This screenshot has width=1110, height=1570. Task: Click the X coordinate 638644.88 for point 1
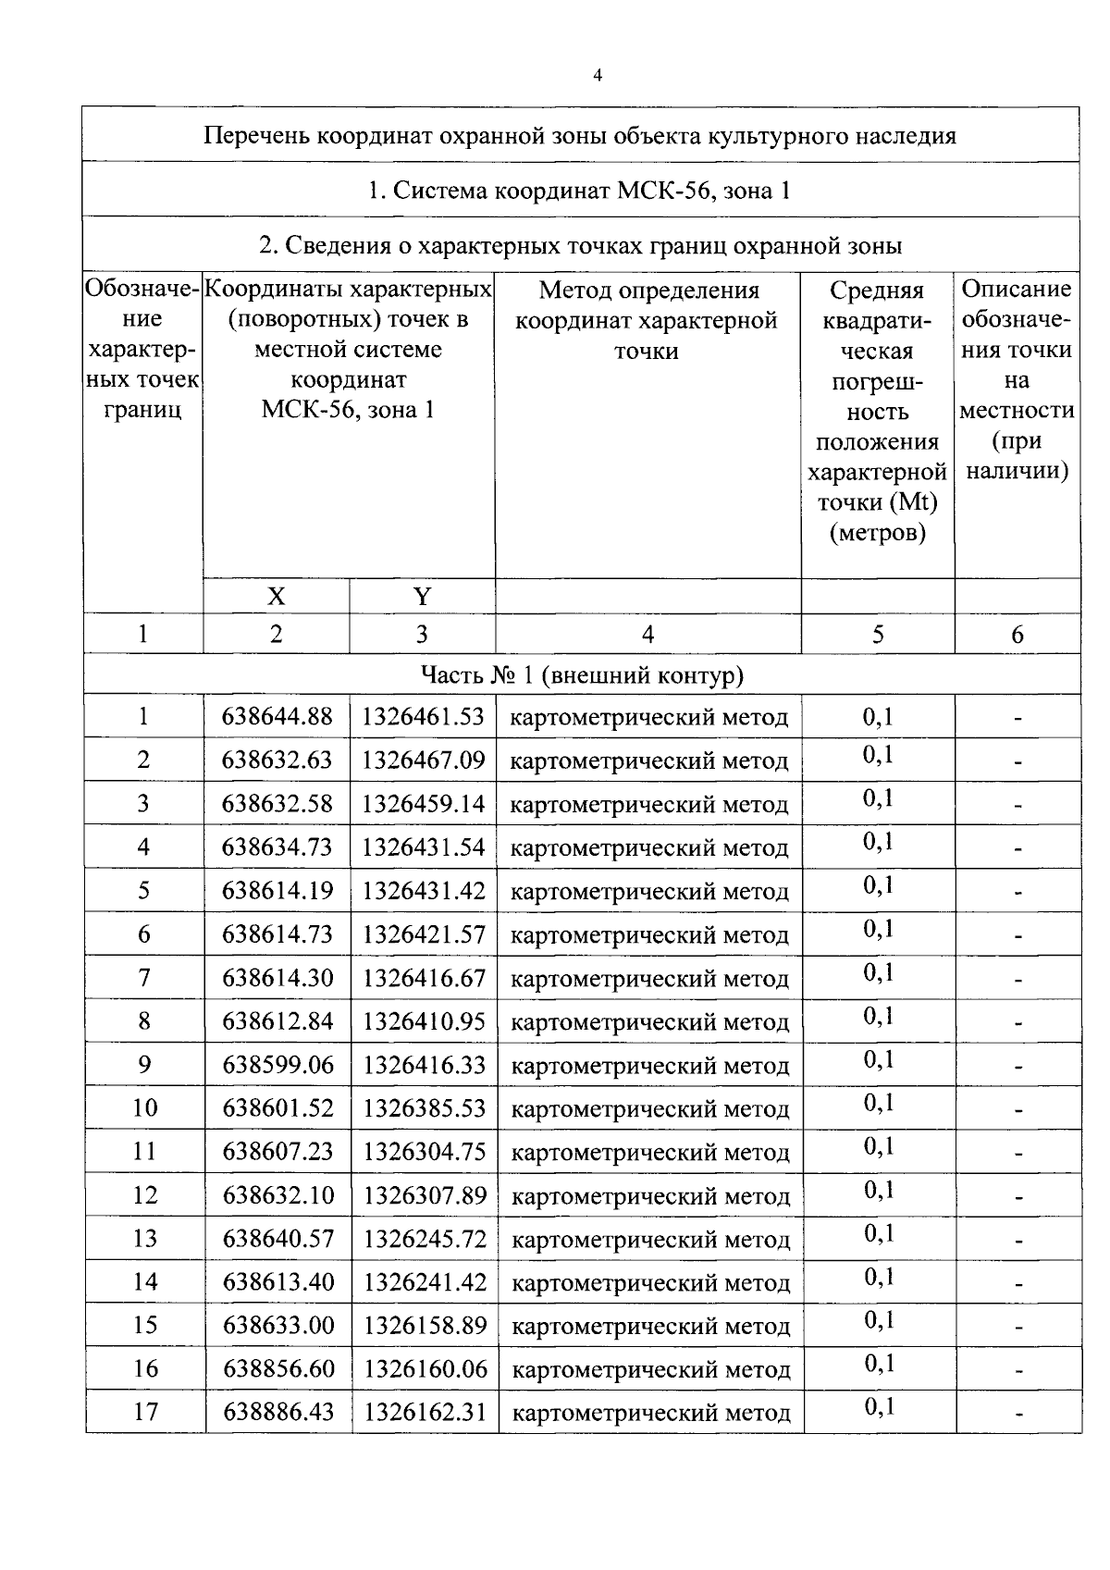pyautogui.click(x=277, y=716)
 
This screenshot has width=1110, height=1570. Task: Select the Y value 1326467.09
pyautogui.click(x=423, y=760)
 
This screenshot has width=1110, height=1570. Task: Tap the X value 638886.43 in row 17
pyautogui.click(x=278, y=1412)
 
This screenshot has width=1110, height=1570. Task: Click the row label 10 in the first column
pyautogui.click(x=144, y=1107)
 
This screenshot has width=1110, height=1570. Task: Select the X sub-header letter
pyautogui.click(x=276, y=597)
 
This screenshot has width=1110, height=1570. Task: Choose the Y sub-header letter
pyautogui.click(x=422, y=597)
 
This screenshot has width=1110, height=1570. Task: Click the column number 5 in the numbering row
pyautogui.click(x=877, y=634)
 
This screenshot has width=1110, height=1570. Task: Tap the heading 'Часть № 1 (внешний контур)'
pyautogui.click(x=582, y=675)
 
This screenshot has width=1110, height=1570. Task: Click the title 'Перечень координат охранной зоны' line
pyautogui.click(x=579, y=136)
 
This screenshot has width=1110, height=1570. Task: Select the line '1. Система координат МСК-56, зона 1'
pyautogui.click(x=579, y=191)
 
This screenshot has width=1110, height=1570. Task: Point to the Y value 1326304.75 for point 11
pyautogui.click(x=425, y=1151)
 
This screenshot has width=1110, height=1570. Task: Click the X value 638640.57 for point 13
pyautogui.click(x=277, y=1238)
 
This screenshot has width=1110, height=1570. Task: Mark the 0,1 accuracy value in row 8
pyautogui.click(x=879, y=1017)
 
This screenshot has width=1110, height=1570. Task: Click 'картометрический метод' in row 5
pyautogui.click(x=649, y=891)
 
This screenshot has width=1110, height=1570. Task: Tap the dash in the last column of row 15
pyautogui.click(x=1017, y=1328)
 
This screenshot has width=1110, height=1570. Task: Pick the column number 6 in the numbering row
pyautogui.click(x=1017, y=634)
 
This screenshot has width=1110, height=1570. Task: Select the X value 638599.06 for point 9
pyautogui.click(x=277, y=1064)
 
